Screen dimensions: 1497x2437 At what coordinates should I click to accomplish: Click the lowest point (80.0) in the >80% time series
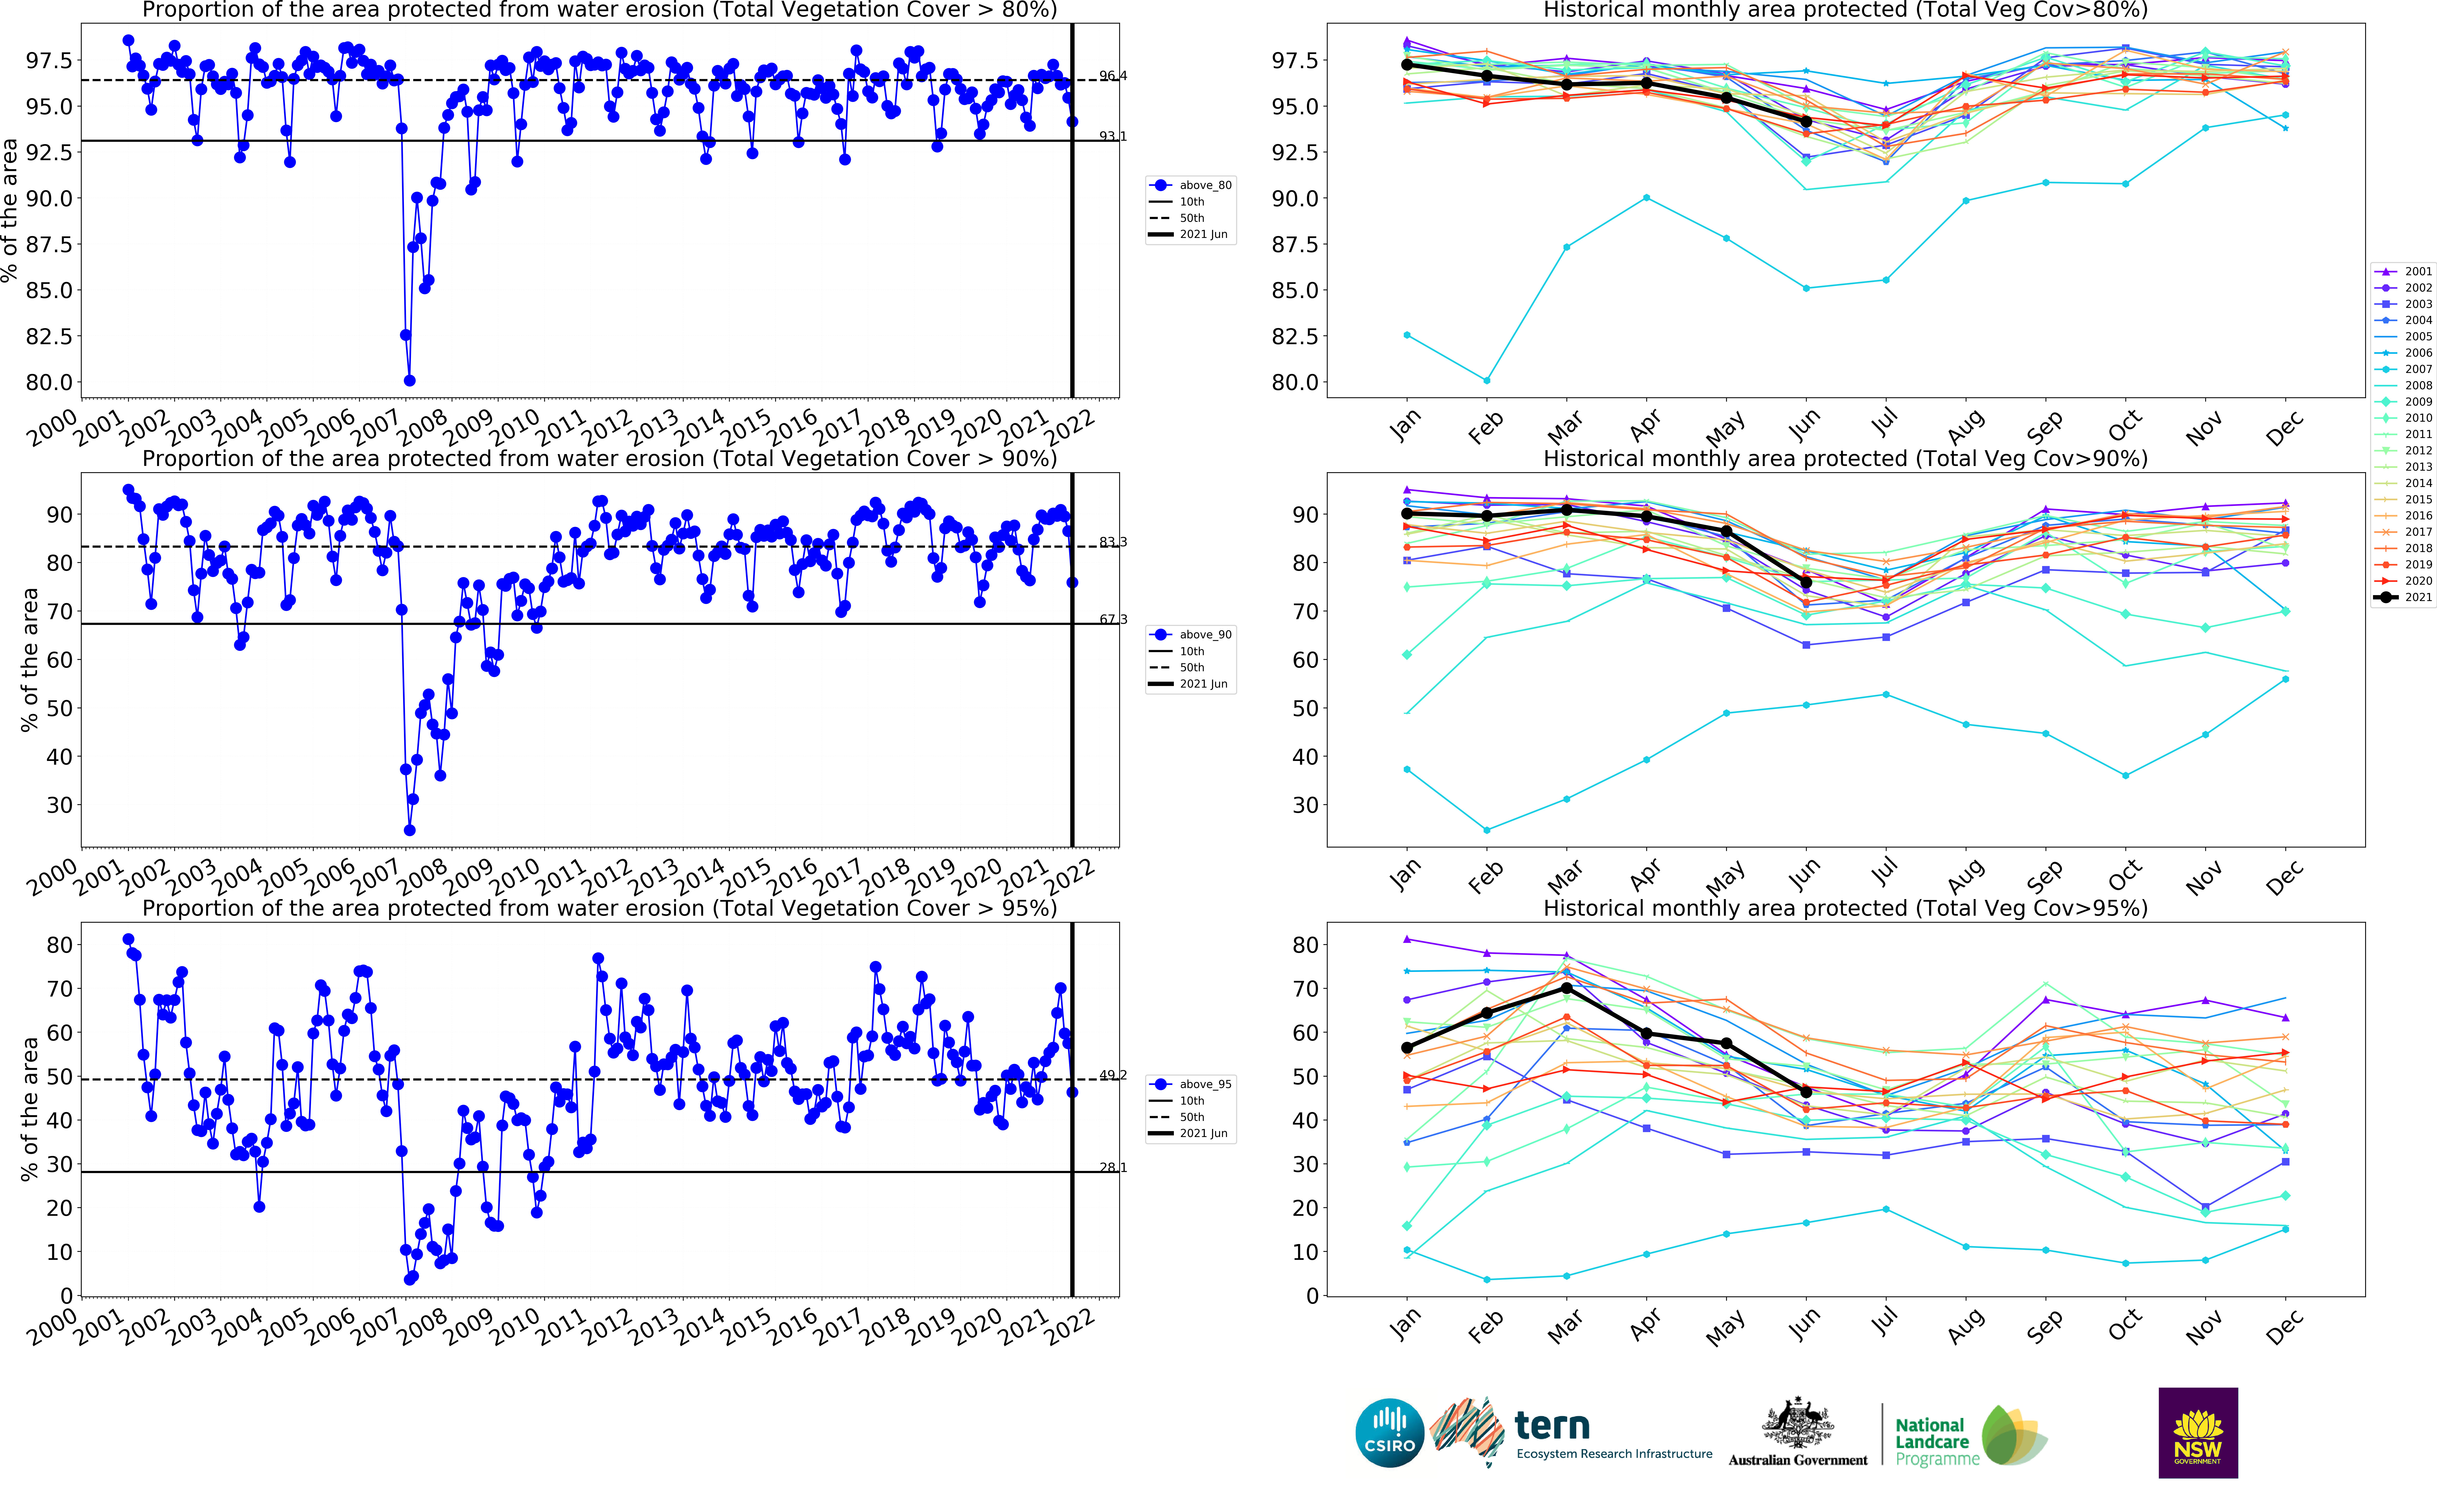(x=409, y=380)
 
